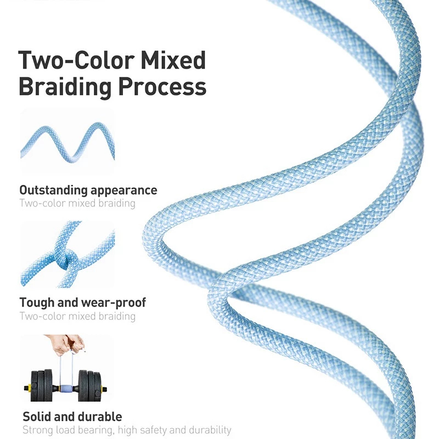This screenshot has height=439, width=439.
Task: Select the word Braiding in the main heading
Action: coord(69,87)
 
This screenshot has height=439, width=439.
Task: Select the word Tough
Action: coord(36,302)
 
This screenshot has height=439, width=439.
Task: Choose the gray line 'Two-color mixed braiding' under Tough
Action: coord(77,316)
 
